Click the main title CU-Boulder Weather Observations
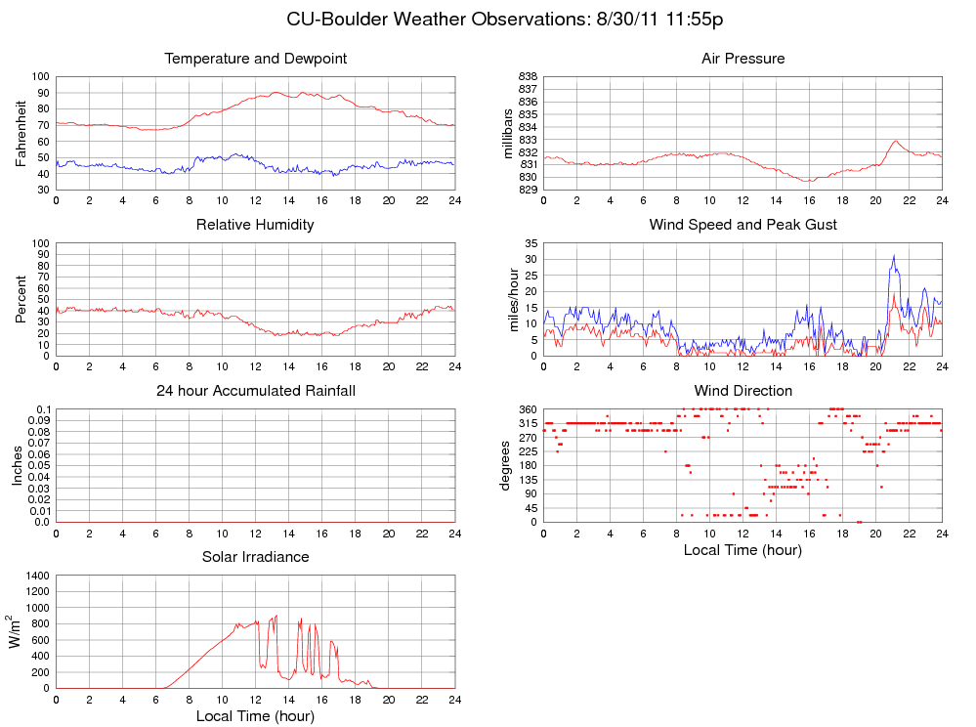click(x=504, y=20)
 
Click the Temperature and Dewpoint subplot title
click(x=255, y=59)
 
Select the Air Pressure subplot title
click(x=743, y=59)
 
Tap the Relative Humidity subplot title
click(x=255, y=225)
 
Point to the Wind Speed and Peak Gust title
click(x=743, y=225)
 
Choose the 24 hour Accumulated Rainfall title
click(x=255, y=391)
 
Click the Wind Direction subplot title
click(x=743, y=391)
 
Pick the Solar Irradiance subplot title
click(x=255, y=557)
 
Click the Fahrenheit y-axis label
click(x=21, y=133)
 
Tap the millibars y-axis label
click(x=509, y=133)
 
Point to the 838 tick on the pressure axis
click(x=526, y=76)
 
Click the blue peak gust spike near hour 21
click(x=893, y=257)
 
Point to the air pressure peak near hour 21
click(x=895, y=141)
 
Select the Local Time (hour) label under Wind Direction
click(x=743, y=550)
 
